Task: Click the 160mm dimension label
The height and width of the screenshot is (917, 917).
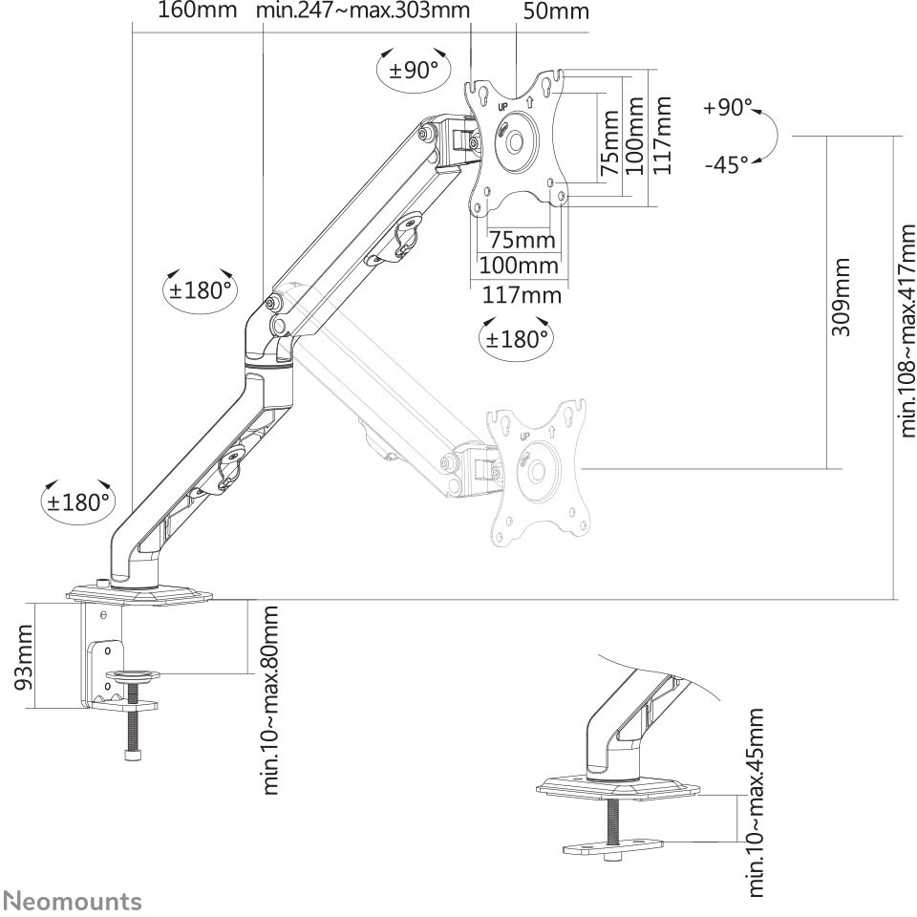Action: tap(198, 10)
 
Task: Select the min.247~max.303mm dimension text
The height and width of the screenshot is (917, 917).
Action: tap(363, 10)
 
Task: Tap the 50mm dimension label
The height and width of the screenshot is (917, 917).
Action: tap(556, 11)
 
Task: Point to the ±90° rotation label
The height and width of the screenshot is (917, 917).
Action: tap(414, 70)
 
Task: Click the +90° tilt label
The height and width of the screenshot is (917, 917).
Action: tap(728, 108)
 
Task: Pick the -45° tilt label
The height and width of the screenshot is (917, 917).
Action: tap(727, 164)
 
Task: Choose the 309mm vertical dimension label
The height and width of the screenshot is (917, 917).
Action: tap(841, 296)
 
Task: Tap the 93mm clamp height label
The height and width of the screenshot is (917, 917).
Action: tap(24, 657)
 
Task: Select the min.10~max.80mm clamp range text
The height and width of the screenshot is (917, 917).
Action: tap(269, 700)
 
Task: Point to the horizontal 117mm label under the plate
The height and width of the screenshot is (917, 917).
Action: tap(522, 294)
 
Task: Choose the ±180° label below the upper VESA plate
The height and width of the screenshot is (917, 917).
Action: tap(517, 338)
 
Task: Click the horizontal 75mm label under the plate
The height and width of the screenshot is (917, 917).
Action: tap(522, 240)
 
